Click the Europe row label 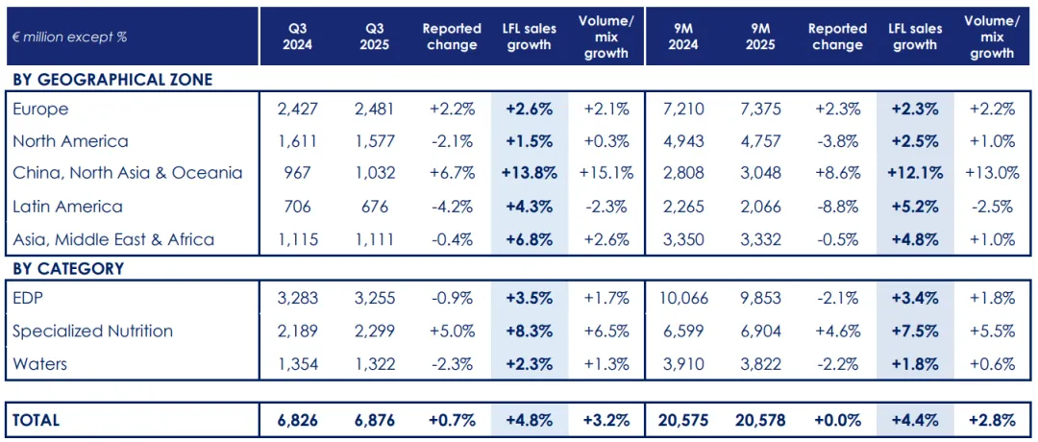(40, 110)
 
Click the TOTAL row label (36, 420)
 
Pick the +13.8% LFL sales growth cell (529, 174)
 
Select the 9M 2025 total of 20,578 (759, 420)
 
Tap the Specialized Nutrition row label (93, 331)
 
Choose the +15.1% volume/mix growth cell (605, 174)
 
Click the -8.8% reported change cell (837, 207)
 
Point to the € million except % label (70, 37)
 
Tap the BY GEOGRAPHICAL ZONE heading (111, 80)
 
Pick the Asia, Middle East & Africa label (113, 239)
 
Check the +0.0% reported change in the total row (837, 420)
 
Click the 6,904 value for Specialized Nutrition (759, 331)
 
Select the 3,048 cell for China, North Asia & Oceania (759, 174)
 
